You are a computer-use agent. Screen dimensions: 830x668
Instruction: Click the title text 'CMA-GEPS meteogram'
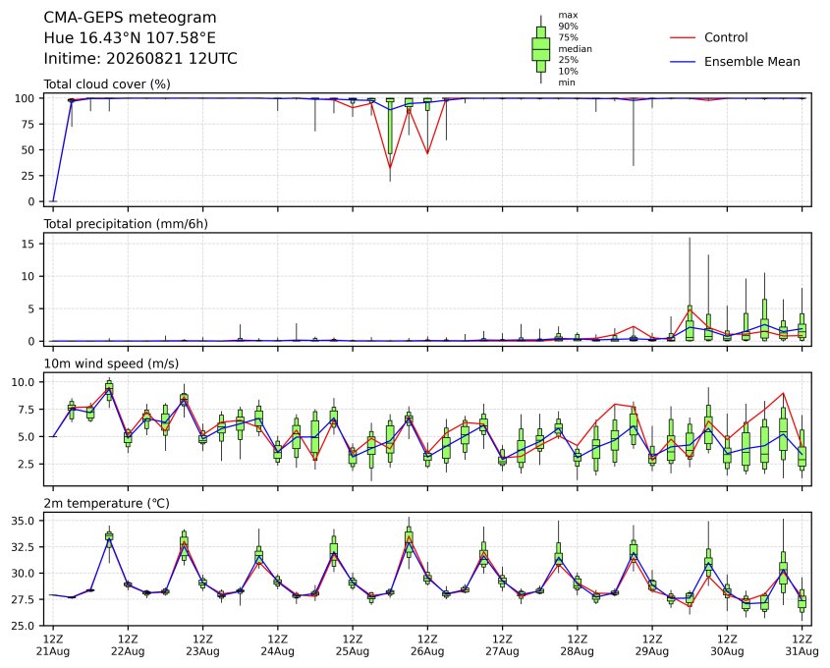(130, 18)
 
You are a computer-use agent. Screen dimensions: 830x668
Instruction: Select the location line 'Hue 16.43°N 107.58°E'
(130, 38)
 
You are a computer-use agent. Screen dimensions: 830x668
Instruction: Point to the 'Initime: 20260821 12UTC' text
(140, 58)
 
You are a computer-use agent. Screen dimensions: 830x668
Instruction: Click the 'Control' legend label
(726, 37)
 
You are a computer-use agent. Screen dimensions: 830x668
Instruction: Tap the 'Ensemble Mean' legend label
(751, 62)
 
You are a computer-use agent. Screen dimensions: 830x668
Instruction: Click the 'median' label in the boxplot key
(575, 49)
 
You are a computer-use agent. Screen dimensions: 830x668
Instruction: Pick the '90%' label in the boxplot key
(568, 26)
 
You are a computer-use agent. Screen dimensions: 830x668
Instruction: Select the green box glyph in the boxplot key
(540, 49)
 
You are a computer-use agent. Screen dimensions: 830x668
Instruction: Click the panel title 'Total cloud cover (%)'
(107, 84)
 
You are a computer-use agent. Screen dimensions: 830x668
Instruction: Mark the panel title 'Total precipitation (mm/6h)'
(126, 224)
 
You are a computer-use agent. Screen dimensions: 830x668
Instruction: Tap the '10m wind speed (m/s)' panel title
(111, 363)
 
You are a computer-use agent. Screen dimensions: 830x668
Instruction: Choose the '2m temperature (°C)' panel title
(106, 503)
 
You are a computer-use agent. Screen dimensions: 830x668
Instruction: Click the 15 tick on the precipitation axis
(28, 244)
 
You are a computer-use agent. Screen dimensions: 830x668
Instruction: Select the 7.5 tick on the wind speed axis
(27, 410)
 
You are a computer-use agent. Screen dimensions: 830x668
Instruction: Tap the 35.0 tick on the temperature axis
(24, 521)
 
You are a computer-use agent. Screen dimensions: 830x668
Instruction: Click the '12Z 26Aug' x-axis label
(427, 644)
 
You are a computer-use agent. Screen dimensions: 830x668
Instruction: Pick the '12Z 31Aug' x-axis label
(802, 644)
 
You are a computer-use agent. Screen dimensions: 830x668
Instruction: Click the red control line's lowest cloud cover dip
(390, 168)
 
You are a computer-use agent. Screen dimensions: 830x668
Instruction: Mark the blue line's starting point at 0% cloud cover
(53, 201)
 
